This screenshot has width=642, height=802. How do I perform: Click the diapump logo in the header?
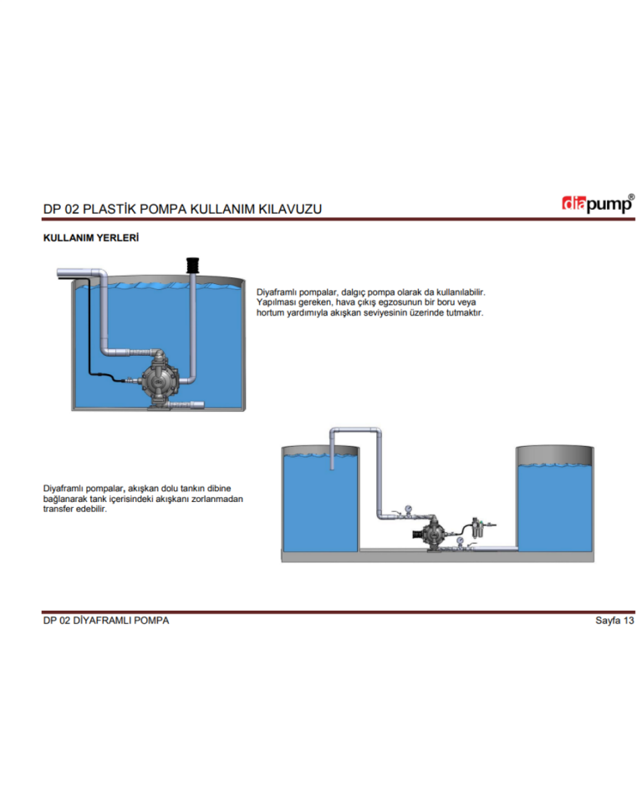pos(597,204)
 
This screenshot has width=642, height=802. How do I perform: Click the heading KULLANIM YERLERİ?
pos(91,238)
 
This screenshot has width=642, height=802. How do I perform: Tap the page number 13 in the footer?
pos(627,621)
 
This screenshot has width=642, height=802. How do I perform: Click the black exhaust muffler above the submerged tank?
pos(191,265)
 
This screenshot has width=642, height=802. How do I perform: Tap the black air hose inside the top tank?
pos(92,351)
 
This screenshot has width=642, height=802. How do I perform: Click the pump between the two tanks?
pos(431,531)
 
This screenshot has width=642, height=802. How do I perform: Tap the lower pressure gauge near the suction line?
pos(459,541)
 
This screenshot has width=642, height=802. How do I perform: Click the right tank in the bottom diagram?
pos(555,505)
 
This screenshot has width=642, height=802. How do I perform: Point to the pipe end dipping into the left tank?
pos(332,460)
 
